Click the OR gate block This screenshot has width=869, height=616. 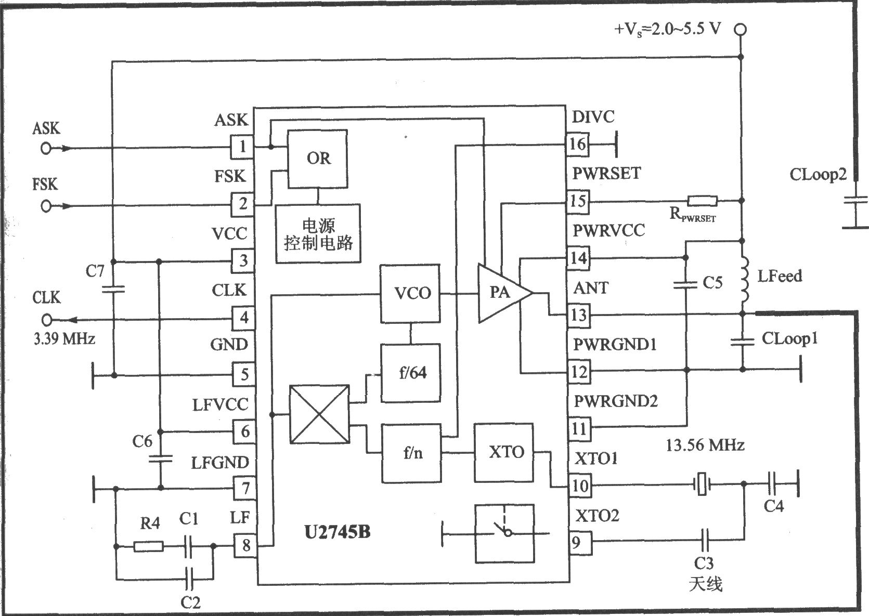(317, 159)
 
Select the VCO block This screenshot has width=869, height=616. (410, 294)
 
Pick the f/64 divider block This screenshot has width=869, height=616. (411, 373)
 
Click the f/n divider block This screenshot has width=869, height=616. (411, 453)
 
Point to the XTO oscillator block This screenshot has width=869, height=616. (503, 452)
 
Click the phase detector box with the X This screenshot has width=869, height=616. (319, 414)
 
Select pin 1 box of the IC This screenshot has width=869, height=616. (242, 147)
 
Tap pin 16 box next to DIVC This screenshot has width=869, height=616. (577, 144)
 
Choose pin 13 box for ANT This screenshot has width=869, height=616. (579, 315)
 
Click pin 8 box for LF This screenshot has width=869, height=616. (245, 545)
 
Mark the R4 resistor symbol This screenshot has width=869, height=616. (149, 546)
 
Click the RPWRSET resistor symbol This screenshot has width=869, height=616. (702, 201)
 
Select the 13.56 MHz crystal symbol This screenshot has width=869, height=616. (702, 484)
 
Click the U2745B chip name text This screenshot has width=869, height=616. (338, 532)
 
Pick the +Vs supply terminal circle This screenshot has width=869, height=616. (740, 30)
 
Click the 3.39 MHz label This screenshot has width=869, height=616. (64, 339)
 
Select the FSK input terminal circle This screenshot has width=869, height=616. (46, 206)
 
